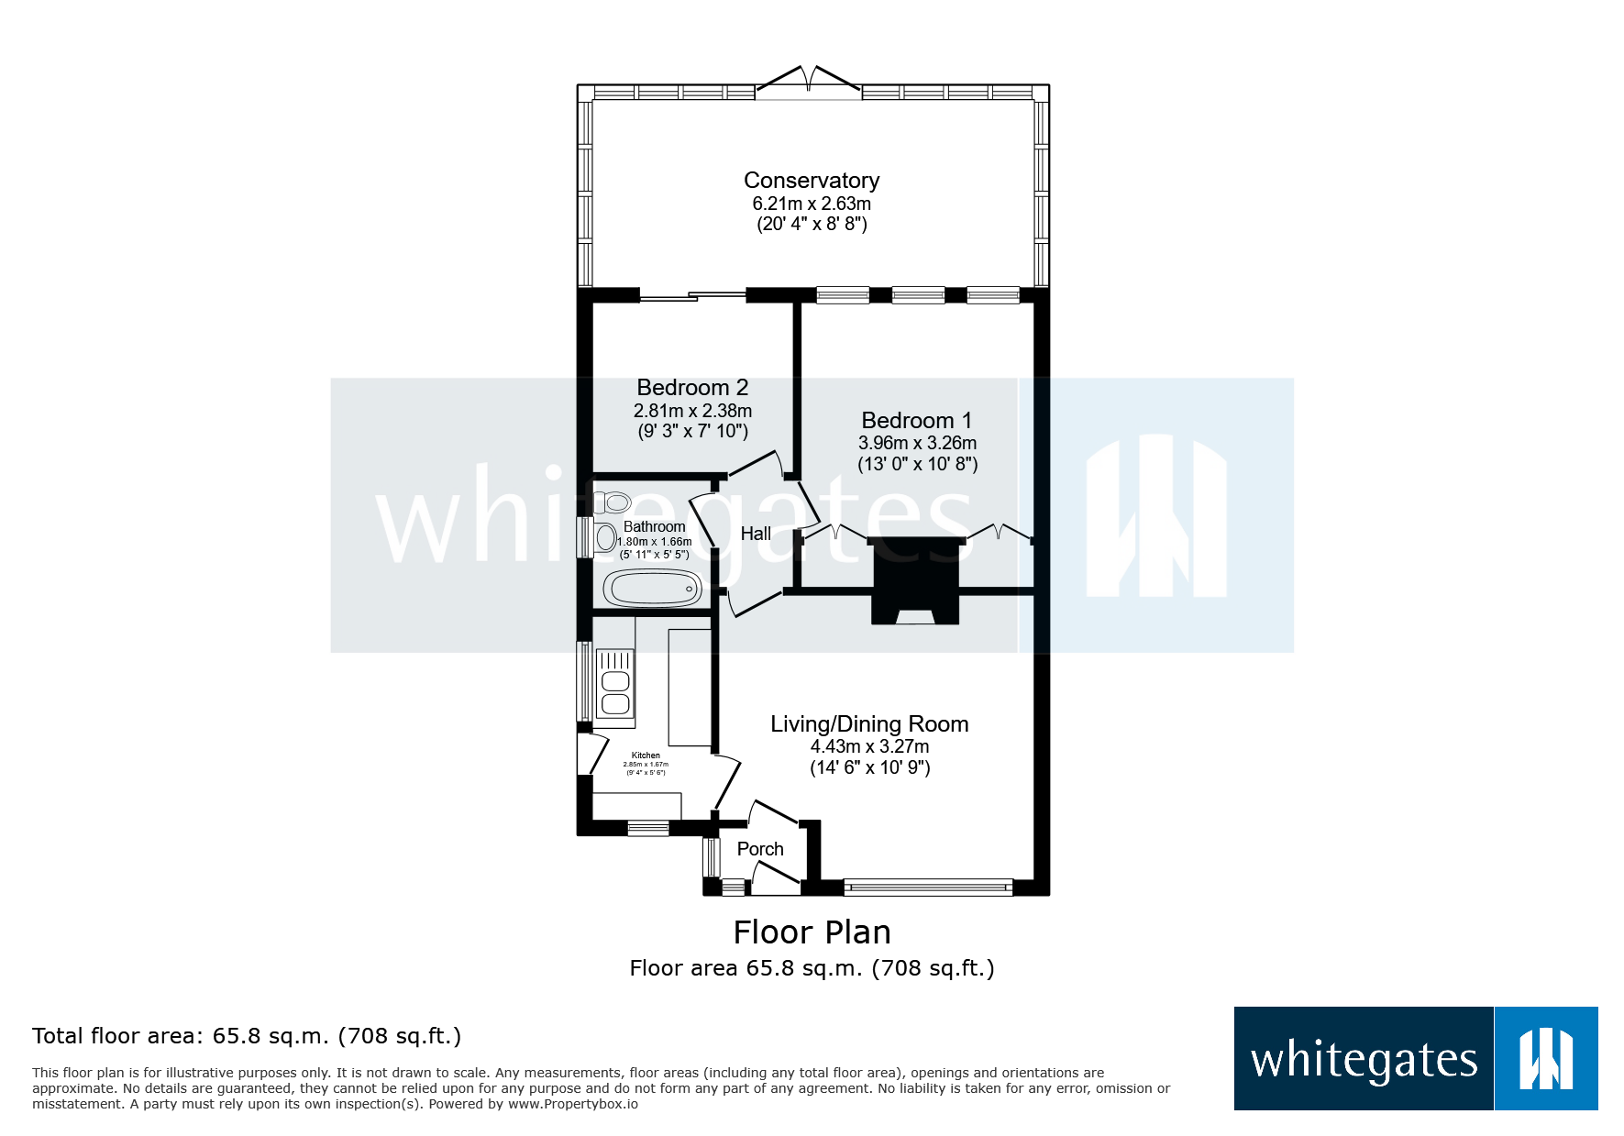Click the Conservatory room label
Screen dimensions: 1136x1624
pyautogui.click(x=812, y=181)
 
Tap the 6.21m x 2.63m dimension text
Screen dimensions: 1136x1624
pyautogui.click(x=812, y=204)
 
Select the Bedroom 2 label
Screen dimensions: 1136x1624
pyautogui.click(x=692, y=388)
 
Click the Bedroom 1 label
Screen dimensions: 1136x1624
pyautogui.click(x=916, y=421)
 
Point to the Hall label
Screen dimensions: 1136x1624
pyautogui.click(x=756, y=534)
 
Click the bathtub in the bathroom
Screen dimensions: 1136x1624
pyautogui.click(x=652, y=589)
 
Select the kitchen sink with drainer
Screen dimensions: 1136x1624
pyautogui.click(x=615, y=683)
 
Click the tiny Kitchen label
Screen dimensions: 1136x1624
pyautogui.click(x=646, y=755)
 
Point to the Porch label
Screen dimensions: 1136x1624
pyautogui.click(x=760, y=849)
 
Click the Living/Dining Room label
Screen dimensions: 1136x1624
pyautogui.click(x=869, y=724)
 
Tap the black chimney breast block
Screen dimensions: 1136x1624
pyautogui.click(x=915, y=578)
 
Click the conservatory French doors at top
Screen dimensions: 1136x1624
pyautogui.click(x=808, y=83)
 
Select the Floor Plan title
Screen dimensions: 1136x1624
pyautogui.click(x=812, y=932)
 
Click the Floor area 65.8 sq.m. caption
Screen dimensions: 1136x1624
pyautogui.click(x=812, y=968)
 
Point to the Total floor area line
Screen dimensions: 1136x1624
pyautogui.click(x=246, y=1036)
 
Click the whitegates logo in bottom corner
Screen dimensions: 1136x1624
pyautogui.click(x=1415, y=1059)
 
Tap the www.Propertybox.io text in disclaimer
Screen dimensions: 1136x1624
pyautogui.click(x=572, y=1104)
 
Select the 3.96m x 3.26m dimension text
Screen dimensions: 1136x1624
pyautogui.click(x=917, y=443)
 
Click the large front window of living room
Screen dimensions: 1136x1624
pyautogui.click(x=928, y=887)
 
